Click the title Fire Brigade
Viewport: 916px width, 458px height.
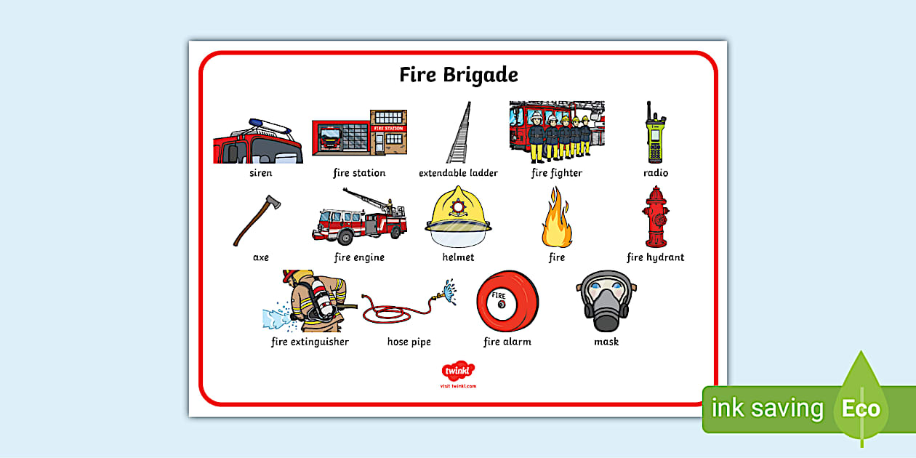pyautogui.click(x=458, y=75)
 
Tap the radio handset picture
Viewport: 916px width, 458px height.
pyautogui.click(x=654, y=134)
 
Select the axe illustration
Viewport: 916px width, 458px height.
pyautogui.click(x=257, y=220)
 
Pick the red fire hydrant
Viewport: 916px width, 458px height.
pyautogui.click(x=656, y=217)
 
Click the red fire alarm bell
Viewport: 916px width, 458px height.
pyautogui.click(x=507, y=302)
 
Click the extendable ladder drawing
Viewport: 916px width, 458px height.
pyautogui.click(x=459, y=133)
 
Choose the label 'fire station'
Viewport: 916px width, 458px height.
pyautogui.click(x=359, y=173)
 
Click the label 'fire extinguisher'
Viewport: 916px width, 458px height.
pyautogui.click(x=310, y=342)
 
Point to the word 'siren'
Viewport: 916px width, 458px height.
pyautogui.click(x=260, y=173)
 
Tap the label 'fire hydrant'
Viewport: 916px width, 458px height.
pyautogui.click(x=655, y=257)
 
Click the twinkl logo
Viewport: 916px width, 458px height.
pyautogui.click(x=458, y=371)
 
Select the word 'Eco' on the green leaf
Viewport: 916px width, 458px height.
pyautogui.click(x=861, y=409)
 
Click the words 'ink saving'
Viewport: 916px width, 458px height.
pyautogui.click(x=767, y=409)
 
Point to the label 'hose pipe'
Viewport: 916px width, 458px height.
pyautogui.click(x=409, y=342)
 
